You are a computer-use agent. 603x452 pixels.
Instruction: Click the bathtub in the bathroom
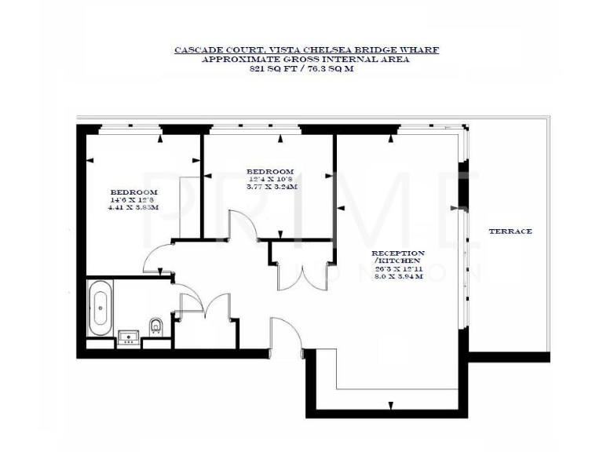100,308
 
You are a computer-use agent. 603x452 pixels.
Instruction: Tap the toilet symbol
155,325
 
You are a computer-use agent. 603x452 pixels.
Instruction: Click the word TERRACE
510,231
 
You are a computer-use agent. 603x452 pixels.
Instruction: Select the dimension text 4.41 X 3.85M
133,207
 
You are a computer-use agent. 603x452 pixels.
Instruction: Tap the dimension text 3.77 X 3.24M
270,187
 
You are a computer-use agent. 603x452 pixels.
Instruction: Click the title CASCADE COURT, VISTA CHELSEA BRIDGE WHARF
306,50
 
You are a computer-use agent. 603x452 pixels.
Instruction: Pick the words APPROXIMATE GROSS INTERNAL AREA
306,59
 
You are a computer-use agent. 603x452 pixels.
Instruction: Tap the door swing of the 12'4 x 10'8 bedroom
243,228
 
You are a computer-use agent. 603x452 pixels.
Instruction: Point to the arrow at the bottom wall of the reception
391,406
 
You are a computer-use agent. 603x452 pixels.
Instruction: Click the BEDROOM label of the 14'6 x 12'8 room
133,192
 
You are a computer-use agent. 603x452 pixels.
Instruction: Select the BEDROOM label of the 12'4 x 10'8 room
270,172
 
